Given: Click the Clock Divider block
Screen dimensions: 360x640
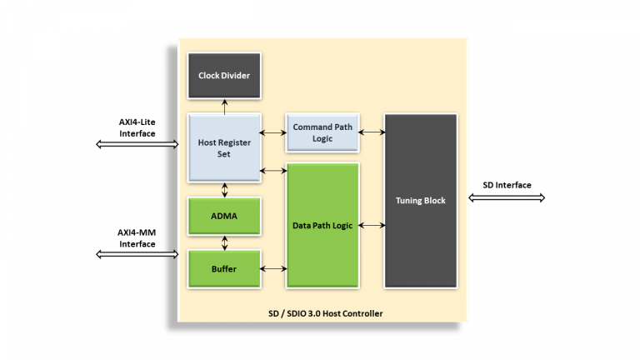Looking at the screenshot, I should coord(224,76).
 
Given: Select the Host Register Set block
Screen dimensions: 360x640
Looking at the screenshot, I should coord(224,147).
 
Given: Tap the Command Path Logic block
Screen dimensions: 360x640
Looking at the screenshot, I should coord(322,132).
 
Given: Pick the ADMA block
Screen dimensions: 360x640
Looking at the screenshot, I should coord(224,216).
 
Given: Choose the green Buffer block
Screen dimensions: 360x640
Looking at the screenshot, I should coord(224,268).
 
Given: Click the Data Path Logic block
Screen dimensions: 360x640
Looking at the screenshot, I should coord(322,226).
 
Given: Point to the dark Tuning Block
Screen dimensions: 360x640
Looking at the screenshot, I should coord(420,201).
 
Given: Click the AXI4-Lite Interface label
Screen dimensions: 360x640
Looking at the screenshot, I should coord(137,127).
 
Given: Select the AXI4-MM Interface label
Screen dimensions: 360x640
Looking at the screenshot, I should coord(137,238).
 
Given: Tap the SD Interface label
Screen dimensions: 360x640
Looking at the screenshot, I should coord(507,185).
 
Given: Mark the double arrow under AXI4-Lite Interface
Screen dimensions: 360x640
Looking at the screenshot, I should coord(137,144).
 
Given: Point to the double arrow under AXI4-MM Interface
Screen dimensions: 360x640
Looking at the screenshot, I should coord(137,254).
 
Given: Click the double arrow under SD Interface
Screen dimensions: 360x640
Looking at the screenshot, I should coord(507,198).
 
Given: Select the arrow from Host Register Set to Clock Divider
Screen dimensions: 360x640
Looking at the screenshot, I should coord(224,105).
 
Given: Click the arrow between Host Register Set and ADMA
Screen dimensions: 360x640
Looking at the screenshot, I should coord(224,190).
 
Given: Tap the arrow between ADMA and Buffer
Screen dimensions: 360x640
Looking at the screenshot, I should coord(224,242).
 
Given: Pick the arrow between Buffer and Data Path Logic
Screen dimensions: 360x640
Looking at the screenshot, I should coord(273,268).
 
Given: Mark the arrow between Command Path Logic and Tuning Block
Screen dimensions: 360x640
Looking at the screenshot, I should coord(372,132).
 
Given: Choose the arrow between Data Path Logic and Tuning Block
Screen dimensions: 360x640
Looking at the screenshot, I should coord(372,225).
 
